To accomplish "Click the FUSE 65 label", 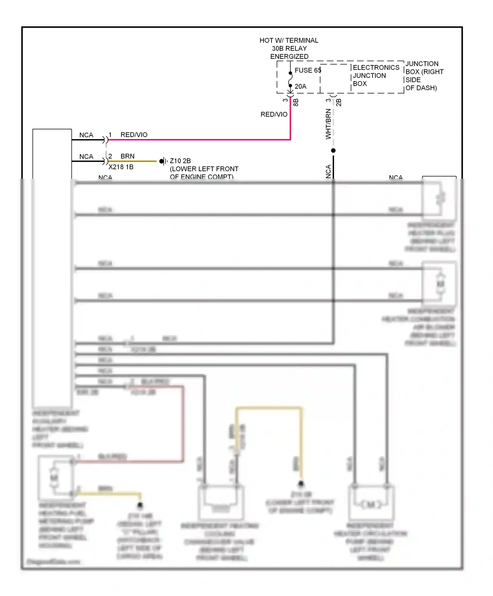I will (307, 70).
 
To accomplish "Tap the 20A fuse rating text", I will (300, 86).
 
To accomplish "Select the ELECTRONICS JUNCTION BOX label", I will (376, 76).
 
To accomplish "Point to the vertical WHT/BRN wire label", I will (328, 124).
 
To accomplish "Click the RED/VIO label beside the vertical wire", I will (274, 114).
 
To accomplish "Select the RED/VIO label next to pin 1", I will (134, 135).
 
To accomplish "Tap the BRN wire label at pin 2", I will (128, 156).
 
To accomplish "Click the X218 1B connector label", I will (121, 167).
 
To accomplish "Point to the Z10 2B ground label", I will (180, 161).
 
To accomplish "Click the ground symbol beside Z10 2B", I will (163, 161).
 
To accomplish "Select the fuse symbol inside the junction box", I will (290, 80).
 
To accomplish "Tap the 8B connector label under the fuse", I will (296, 102).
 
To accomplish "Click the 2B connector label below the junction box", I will (339, 102).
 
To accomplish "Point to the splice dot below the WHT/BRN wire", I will (333, 150).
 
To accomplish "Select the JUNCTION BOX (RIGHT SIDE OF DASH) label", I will (424, 76).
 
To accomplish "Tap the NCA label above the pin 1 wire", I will (86, 135).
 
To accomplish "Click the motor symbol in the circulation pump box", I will (371, 505).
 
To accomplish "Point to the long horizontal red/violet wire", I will (197, 140).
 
